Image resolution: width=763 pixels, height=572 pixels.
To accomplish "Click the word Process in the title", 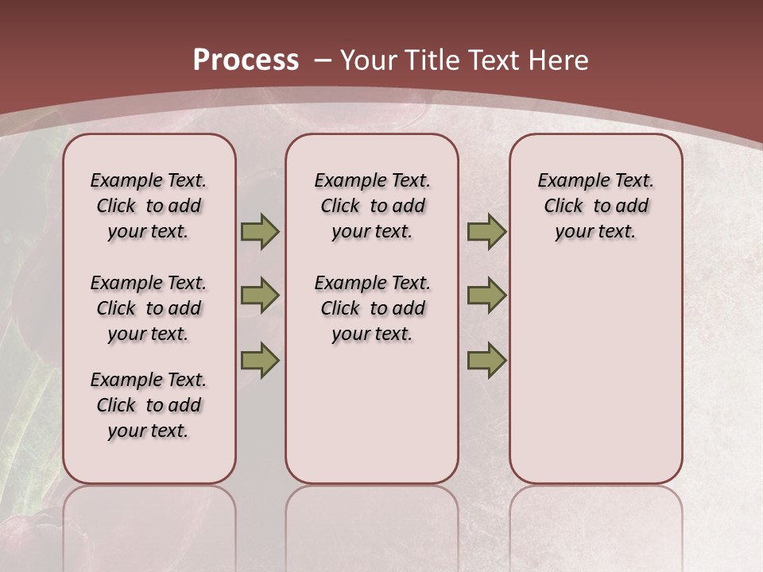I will [x=246, y=60].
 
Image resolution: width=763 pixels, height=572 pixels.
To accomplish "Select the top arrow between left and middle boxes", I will [x=260, y=231].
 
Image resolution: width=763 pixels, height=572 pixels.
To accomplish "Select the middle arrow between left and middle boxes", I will [x=260, y=296].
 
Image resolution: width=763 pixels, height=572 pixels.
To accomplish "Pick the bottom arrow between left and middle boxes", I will [x=260, y=360].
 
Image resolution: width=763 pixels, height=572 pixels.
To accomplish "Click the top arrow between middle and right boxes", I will [x=486, y=231].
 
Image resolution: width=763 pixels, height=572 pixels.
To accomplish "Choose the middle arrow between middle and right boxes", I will [x=486, y=296].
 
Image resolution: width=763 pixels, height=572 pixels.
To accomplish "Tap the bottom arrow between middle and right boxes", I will [x=486, y=360].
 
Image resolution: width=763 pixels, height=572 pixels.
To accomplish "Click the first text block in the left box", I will [x=149, y=206].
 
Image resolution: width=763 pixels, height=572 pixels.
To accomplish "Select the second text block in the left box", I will [x=149, y=308].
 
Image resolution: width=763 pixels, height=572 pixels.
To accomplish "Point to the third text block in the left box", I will [x=149, y=405].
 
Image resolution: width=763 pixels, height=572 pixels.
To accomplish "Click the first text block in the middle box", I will [x=372, y=206].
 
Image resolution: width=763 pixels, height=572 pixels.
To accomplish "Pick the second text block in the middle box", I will [x=372, y=308].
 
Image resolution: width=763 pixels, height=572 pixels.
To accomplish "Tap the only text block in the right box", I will [x=595, y=206].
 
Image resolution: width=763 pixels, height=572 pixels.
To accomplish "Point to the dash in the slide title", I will [x=322, y=60].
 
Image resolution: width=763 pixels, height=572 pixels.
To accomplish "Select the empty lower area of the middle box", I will [x=372, y=413].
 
